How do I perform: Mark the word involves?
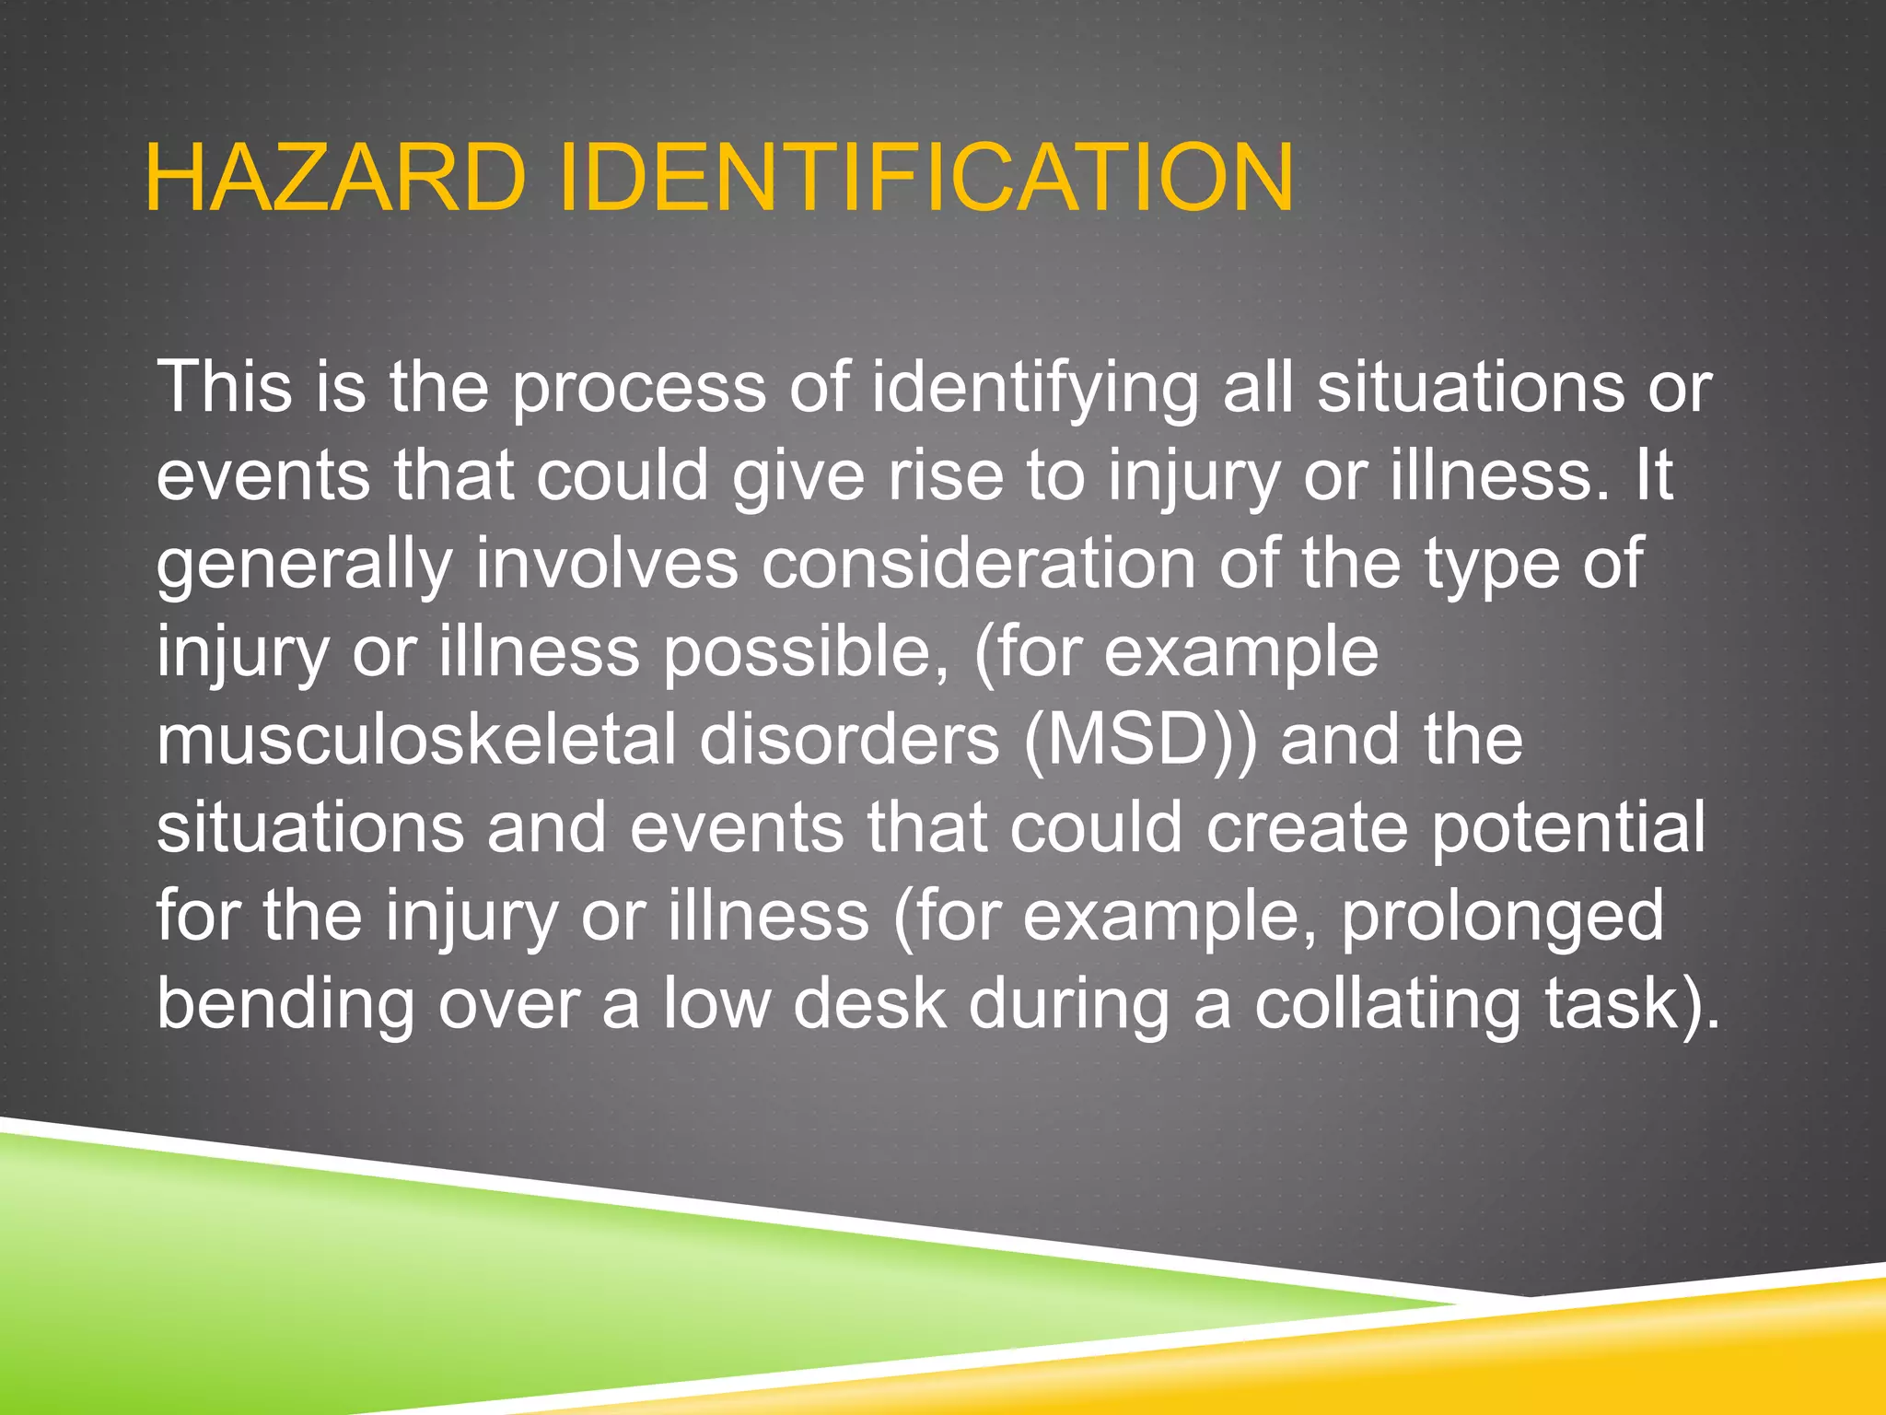606,564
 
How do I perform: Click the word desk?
869,1004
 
